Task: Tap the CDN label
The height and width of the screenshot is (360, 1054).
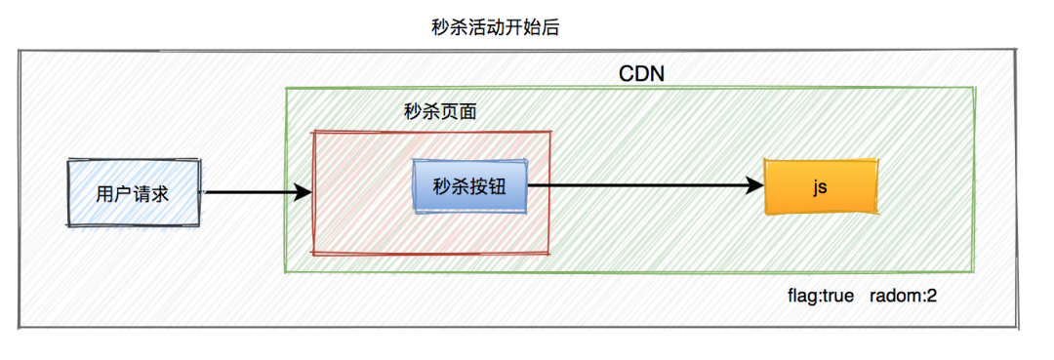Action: click(x=642, y=75)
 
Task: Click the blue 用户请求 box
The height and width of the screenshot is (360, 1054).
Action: click(x=133, y=193)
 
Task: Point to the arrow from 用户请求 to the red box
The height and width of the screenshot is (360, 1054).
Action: click(x=254, y=193)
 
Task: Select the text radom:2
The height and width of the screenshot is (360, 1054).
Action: click(x=902, y=295)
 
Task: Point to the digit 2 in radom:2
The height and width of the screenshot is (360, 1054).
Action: click(x=932, y=295)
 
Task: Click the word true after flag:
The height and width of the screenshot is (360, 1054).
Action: click(x=836, y=295)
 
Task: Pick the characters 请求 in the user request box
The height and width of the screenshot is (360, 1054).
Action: click(x=151, y=193)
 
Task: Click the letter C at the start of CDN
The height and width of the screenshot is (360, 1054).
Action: click(x=627, y=75)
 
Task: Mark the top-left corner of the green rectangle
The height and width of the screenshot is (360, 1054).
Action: click(x=285, y=89)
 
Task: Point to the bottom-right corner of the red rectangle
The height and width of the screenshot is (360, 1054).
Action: click(x=549, y=253)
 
